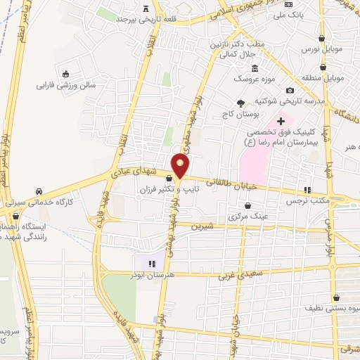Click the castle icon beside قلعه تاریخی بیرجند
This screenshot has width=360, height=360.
(x=146, y=9)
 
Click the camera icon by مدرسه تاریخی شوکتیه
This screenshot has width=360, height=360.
(x=290, y=90)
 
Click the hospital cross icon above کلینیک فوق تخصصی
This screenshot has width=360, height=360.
(x=281, y=121)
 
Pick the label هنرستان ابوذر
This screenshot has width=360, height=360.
(x=150, y=275)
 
